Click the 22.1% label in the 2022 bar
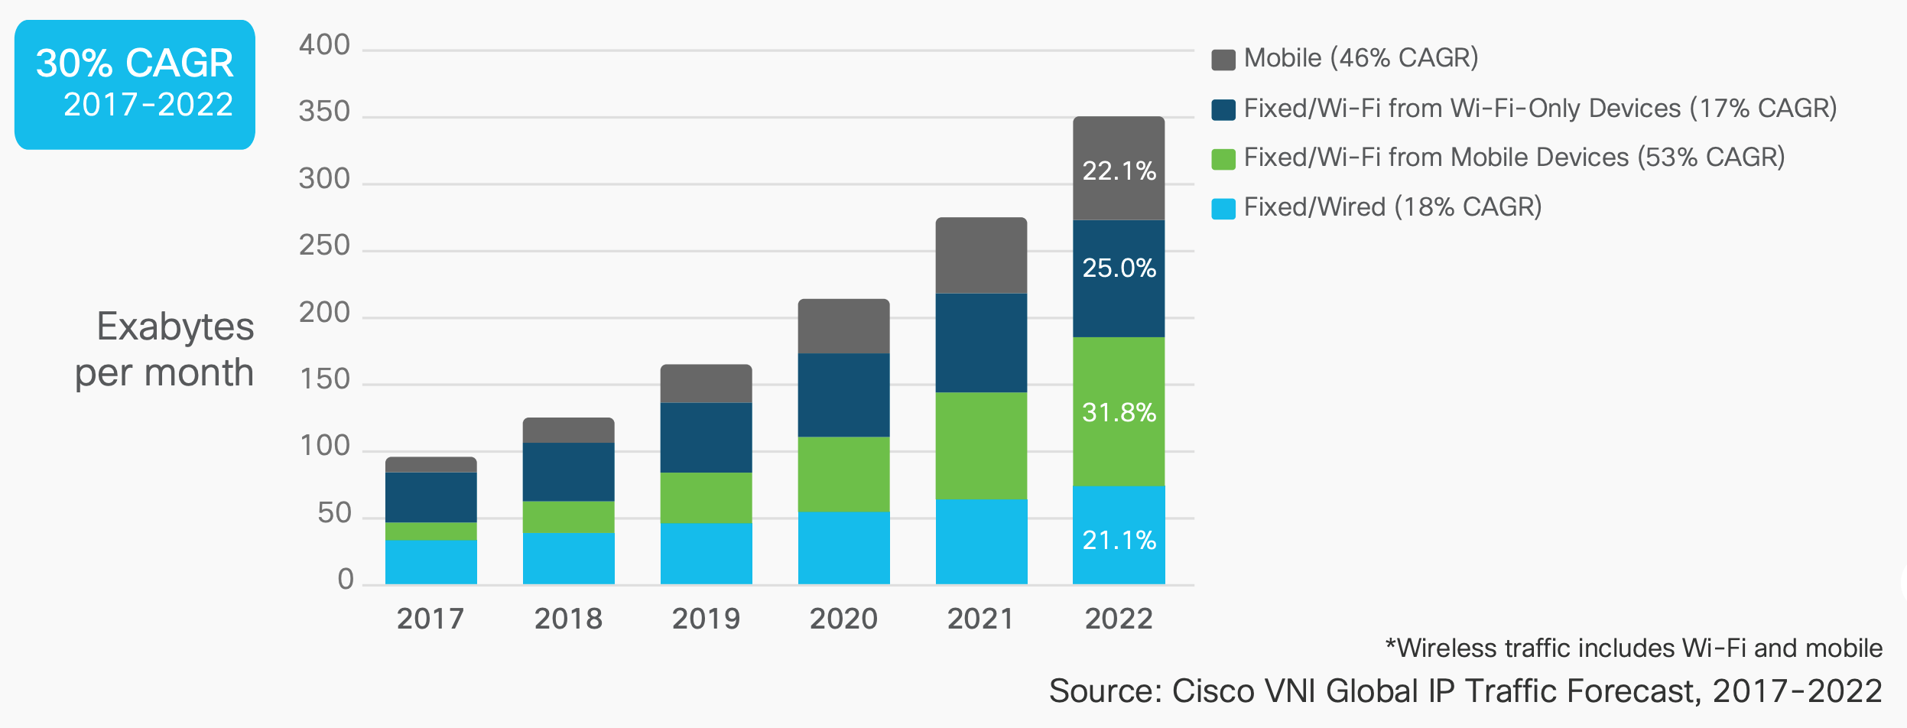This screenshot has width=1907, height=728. tap(1119, 171)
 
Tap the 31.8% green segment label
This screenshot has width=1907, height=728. tap(1119, 412)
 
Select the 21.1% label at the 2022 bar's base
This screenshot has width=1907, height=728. tap(1119, 540)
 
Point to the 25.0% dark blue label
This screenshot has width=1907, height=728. tap(1119, 268)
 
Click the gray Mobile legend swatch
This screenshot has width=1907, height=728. tap(1223, 60)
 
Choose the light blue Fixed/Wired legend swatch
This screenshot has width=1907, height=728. tap(1223, 209)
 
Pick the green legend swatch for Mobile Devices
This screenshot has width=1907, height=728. tap(1223, 159)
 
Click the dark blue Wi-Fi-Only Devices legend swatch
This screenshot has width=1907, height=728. tap(1223, 110)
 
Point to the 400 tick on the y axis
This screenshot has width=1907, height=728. tap(324, 45)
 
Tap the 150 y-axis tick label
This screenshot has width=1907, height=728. tap(324, 379)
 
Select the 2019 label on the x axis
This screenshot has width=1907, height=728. tap(706, 619)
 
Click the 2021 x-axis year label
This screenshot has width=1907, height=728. tap(980, 619)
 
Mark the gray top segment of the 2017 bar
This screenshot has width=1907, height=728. tap(430, 464)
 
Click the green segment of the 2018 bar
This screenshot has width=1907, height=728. tap(568, 517)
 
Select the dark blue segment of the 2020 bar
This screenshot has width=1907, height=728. tap(843, 395)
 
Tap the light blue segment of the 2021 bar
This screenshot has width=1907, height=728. tap(981, 541)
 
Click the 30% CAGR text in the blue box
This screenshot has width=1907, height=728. tap(135, 63)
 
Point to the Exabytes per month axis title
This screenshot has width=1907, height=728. tap(164, 349)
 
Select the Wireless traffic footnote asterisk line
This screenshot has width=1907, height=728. tap(1633, 648)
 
